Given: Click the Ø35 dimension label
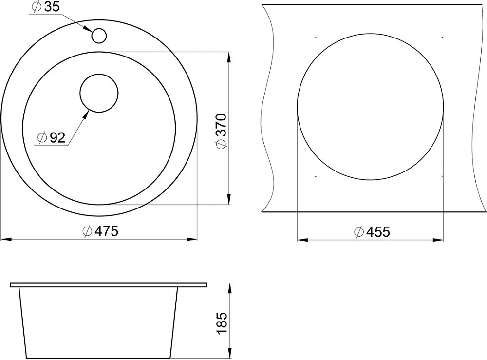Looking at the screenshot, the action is click(x=46, y=7).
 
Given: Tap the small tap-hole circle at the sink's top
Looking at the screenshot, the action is click(x=99, y=36).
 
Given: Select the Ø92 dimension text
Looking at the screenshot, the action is click(x=51, y=137).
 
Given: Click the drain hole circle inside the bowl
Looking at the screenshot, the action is click(x=99, y=93).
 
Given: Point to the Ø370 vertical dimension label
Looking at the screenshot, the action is click(x=222, y=132).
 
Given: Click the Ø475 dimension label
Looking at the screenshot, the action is click(x=101, y=231).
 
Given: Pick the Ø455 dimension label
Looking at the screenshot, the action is click(x=372, y=232).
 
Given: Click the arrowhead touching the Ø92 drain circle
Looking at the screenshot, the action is click(x=85, y=115).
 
